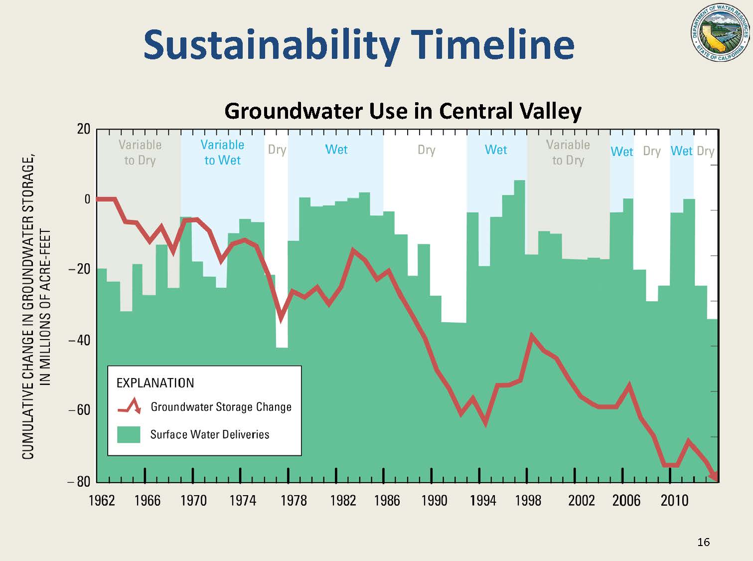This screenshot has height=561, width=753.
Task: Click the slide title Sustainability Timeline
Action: [359, 44]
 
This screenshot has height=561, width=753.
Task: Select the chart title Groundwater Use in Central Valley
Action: [403, 111]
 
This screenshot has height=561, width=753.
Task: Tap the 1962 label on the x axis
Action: [102, 500]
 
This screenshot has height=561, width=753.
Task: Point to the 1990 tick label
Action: [434, 500]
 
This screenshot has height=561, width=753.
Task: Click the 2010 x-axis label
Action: [674, 500]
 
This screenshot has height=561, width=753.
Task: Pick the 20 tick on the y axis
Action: [83, 129]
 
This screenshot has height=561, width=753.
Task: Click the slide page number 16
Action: [703, 542]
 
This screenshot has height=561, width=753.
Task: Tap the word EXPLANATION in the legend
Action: [155, 383]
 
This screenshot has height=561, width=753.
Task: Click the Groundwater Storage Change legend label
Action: [221, 407]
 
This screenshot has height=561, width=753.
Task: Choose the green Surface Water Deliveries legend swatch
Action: [129, 434]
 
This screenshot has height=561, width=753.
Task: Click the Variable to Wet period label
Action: [222, 152]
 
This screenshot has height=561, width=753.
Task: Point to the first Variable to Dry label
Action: [140, 152]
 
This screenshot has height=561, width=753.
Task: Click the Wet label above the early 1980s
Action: [336, 150]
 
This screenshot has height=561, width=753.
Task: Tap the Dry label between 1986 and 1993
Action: [427, 150]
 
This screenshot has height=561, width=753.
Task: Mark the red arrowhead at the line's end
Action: [714, 476]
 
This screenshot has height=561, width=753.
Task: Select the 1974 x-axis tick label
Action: [243, 500]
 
